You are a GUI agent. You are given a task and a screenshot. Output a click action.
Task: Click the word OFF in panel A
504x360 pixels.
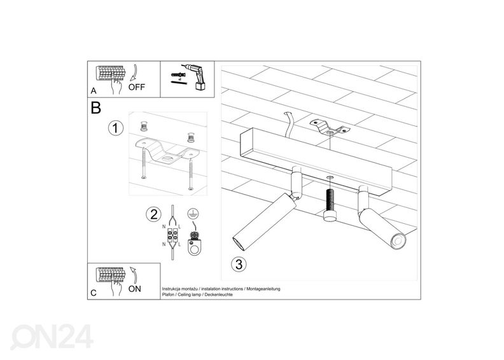click(x=137, y=88)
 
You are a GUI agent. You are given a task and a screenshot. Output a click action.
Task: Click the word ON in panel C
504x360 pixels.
click(x=135, y=288)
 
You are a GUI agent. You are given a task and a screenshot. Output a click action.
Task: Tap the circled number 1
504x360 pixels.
click(x=115, y=129)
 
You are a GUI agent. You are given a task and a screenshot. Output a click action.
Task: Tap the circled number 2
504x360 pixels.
click(x=153, y=214)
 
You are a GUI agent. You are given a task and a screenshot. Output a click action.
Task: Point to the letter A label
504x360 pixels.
click(x=93, y=92)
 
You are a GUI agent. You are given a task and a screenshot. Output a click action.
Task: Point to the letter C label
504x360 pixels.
click(x=93, y=293)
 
